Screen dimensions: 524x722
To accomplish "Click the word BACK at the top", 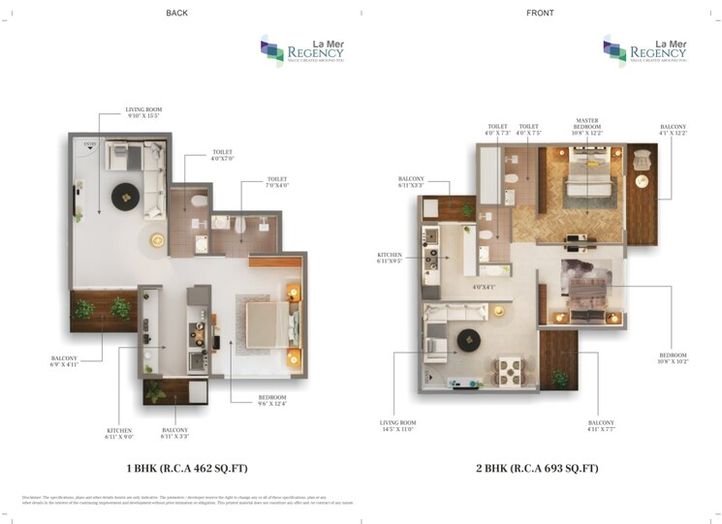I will tap(176, 13).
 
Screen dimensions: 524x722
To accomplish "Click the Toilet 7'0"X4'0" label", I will tap(277, 183).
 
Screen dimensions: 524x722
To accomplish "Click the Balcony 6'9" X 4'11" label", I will tap(70, 362).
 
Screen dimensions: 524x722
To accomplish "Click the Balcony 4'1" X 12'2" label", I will tap(673, 130).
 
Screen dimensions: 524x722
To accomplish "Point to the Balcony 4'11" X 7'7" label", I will tap(600, 426).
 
